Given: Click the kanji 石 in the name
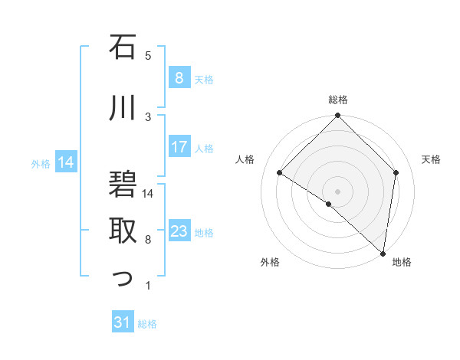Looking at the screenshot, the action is (x=123, y=49).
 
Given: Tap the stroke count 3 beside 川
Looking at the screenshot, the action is (x=148, y=116).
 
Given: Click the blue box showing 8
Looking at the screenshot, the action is (x=179, y=78).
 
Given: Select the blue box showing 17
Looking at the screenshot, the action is (x=179, y=147).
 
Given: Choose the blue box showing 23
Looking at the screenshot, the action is (x=179, y=231).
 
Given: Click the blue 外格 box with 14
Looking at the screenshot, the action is (x=66, y=162).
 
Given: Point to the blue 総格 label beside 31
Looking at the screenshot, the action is (x=147, y=324).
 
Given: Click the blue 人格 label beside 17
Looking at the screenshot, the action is (x=204, y=148).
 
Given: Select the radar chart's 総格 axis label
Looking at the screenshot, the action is (x=337, y=100).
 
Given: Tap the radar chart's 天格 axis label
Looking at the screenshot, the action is (x=431, y=159).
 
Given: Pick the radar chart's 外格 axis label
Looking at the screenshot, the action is (x=270, y=262).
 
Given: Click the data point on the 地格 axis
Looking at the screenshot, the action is (x=383, y=253).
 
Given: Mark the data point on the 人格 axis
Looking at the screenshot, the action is (x=280, y=173).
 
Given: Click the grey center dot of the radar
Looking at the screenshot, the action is (x=337, y=191).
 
